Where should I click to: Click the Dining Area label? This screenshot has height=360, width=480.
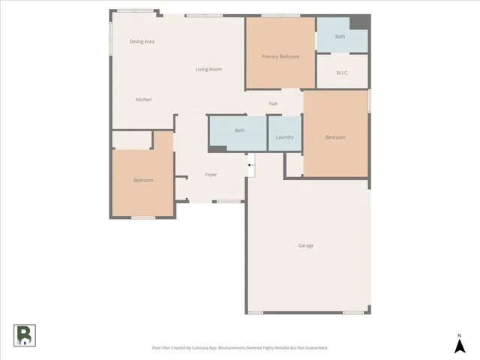coord(142,42)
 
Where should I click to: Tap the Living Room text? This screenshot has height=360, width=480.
coord(208,70)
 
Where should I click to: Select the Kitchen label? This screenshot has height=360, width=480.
coord(143,100)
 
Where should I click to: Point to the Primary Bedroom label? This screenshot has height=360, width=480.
coord(280,57)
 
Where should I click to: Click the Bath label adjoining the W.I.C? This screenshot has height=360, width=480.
coord(340,37)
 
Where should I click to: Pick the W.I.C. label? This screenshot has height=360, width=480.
coord(342,73)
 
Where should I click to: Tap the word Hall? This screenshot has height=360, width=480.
coord(274,103)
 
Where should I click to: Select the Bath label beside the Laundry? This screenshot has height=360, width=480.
coord(239,130)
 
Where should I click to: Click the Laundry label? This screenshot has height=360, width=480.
coord(284,137)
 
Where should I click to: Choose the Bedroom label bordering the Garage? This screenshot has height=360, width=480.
coord(335,137)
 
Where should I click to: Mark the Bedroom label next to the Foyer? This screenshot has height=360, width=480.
coord(143,180)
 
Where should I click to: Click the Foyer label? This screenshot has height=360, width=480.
coord(211,175)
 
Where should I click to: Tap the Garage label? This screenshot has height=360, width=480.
coord(306,245)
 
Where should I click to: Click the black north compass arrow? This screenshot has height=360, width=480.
coord(459,346)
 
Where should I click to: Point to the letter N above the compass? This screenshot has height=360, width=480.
coord(459,334)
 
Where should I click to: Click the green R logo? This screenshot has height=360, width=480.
coord(24,335)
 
